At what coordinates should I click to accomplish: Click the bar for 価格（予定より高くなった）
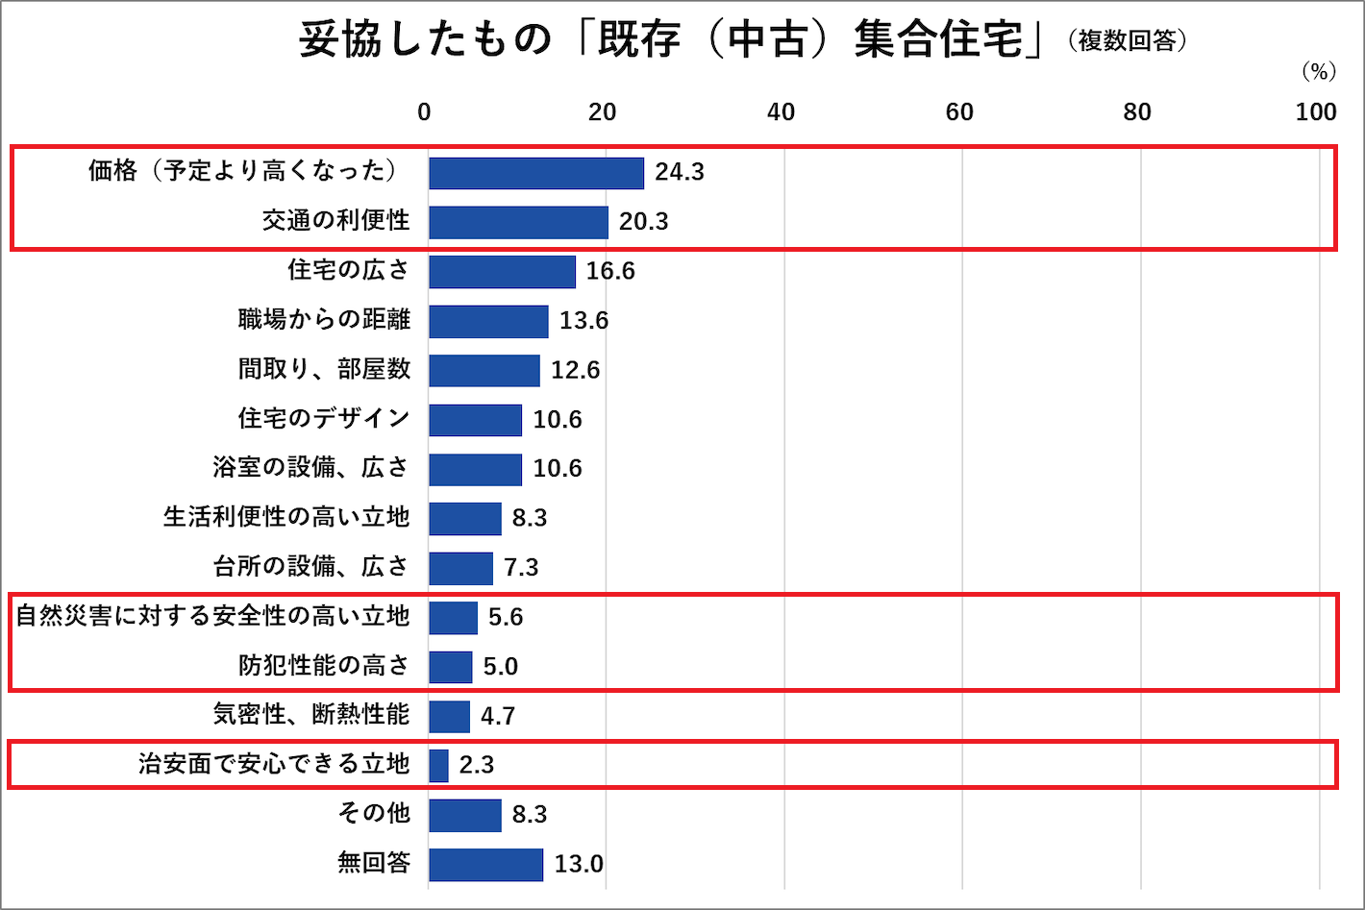pos(536,173)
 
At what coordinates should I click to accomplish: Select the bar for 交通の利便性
pos(519,222)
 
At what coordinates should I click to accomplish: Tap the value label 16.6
pos(610,271)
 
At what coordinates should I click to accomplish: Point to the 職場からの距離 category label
pos(324,319)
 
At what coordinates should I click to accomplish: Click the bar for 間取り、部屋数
pos(484,370)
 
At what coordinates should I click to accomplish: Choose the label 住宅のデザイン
pos(324,418)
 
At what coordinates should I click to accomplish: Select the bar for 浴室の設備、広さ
pos(476,469)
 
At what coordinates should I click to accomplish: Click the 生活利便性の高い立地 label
pos(286,517)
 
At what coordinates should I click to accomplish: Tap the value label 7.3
pos(521,567)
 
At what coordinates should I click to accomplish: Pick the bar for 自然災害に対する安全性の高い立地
pos(454,617)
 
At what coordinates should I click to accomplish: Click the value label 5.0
pos(500,666)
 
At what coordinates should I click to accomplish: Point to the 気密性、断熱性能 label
pos(311,714)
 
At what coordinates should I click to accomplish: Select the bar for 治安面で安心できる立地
pos(439,765)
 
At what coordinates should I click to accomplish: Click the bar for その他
pos(465,815)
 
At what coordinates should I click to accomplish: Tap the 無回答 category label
pos(374,863)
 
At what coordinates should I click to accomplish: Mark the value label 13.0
pos(579,864)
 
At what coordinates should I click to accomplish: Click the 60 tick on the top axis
pos(959,112)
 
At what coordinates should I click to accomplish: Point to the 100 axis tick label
pos(1316,112)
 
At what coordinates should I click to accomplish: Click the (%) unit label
pos(1319,72)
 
